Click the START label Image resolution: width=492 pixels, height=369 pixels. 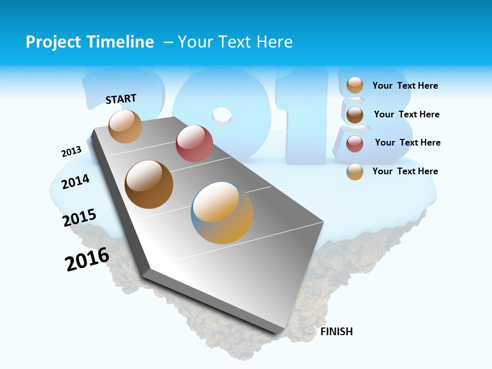pos(121,99)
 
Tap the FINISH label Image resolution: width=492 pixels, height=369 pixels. pos(336,332)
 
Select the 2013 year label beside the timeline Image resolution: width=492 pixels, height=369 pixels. pos(71,152)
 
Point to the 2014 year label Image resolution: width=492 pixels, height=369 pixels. pos(75,181)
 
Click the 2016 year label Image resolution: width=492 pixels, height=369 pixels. pos(87,259)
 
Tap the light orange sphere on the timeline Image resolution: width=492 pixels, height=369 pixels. pos(125,126)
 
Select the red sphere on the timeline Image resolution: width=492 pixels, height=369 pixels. pos(194,143)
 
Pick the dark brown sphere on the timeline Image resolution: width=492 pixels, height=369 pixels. pos(149,184)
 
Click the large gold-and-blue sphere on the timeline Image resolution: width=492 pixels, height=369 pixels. pos(222,213)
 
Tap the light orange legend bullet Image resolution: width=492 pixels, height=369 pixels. pos(355,85)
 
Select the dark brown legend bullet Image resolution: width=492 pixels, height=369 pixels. pos(355,114)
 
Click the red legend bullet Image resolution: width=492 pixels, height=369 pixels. pos(355,143)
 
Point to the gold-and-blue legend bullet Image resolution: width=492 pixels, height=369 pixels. pos(355,172)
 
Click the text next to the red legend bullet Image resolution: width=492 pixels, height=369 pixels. pos(407,142)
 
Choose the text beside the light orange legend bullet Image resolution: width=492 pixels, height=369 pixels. pos(405,86)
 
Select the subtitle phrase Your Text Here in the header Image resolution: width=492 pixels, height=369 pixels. pos(235,42)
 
